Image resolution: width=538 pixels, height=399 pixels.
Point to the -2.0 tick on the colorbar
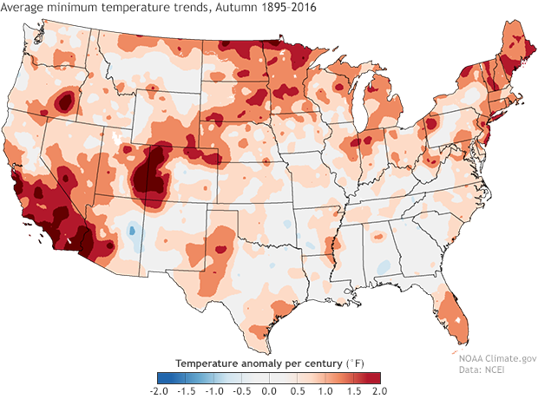click(157, 392)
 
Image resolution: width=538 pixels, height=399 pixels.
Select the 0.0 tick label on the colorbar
click(268, 392)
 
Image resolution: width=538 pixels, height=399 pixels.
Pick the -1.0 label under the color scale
click(213, 392)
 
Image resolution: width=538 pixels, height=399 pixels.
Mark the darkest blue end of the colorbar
click(161, 377)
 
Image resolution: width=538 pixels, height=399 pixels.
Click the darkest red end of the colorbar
click(375, 377)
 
